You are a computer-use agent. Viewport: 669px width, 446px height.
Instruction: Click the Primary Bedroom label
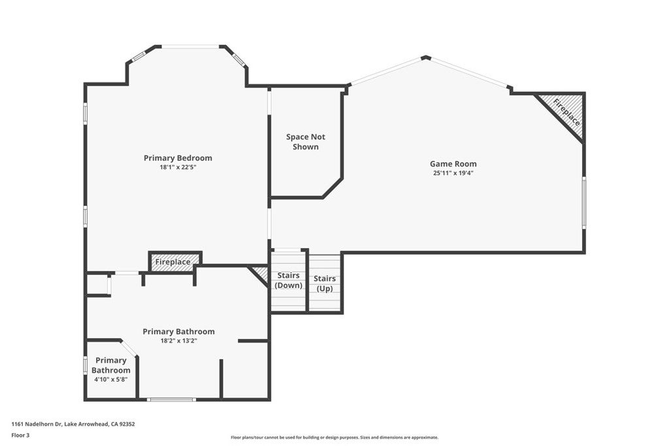click(x=178, y=158)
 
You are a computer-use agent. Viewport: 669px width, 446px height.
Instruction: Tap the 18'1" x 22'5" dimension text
click(x=178, y=168)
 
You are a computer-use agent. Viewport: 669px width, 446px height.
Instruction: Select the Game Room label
click(x=453, y=164)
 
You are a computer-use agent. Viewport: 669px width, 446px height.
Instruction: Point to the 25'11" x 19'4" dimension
click(x=453, y=174)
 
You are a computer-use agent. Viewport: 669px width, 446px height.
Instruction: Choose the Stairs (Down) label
click(x=288, y=280)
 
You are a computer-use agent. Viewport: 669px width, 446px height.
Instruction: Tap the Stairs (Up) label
click(x=325, y=283)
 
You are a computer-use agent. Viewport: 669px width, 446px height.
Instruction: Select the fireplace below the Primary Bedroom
click(x=174, y=262)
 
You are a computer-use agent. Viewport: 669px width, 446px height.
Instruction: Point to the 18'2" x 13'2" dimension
click(x=178, y=341)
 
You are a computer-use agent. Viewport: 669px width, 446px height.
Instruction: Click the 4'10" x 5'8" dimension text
click(x=110, y=379)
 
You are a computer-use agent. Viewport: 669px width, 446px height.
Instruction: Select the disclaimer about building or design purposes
click(x=334, y=438)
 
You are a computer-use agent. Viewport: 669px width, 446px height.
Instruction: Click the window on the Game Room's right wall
click(x=583, y=202)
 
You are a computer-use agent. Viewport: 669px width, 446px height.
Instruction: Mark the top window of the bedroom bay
click(x=190, y=46)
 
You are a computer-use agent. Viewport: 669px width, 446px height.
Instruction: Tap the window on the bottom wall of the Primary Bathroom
click(x=171, y=399)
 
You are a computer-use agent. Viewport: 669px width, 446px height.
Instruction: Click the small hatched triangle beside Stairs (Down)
click(x=260, y=273)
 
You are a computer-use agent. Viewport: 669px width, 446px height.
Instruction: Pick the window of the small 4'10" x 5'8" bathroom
click(x=86, y=365)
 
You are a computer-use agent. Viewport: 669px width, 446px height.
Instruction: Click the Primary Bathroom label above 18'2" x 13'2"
click(x=178, y=332)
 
